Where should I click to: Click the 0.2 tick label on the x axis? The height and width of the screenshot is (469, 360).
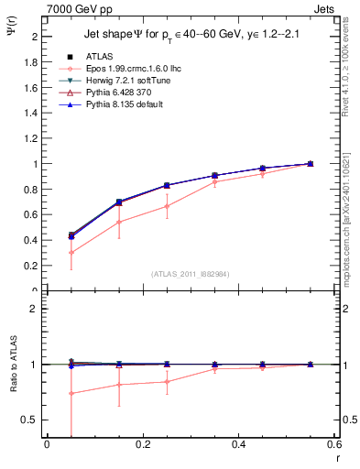click(143, 444)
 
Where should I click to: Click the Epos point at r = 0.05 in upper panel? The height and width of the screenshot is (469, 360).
click(71, 253)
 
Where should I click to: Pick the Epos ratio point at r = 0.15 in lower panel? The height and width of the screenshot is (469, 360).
click(119, 385)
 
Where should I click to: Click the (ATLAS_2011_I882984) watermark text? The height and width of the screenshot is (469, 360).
click(191, 274)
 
